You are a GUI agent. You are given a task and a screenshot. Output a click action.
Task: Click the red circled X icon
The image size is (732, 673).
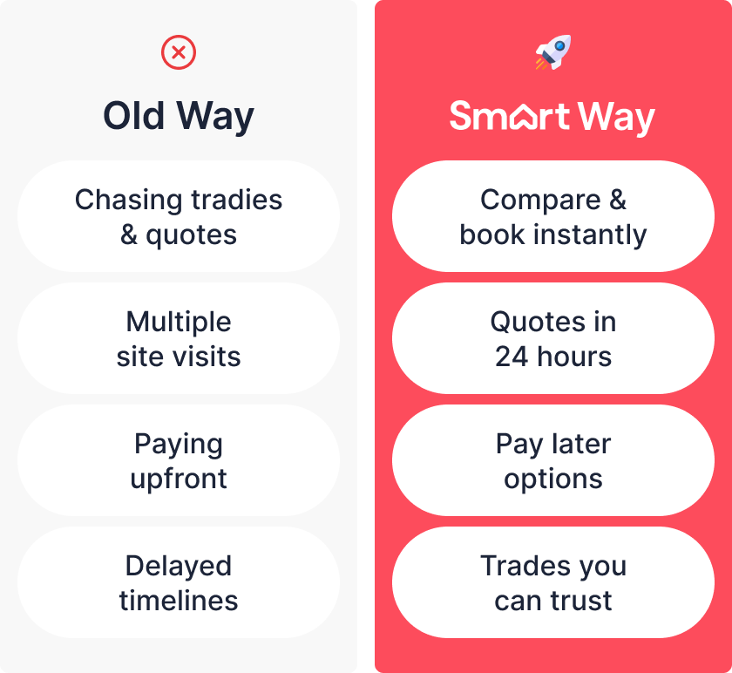point(179,52)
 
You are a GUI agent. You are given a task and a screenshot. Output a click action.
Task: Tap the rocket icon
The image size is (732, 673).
point(553,52)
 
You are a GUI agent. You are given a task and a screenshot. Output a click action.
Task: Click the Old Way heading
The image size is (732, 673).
point(179,116)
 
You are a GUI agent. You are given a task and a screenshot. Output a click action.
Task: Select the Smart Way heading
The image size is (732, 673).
point(552,117)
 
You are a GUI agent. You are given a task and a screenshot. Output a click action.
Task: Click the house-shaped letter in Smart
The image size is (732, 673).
point(525,117)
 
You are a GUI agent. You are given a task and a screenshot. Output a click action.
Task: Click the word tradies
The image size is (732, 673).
point(237,200)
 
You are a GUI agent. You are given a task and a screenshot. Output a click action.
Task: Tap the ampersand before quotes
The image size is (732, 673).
point(129,235)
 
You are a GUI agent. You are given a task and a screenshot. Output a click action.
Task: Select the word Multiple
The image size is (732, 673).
point(179,323)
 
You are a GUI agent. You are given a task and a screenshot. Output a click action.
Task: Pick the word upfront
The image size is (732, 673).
point(179,479)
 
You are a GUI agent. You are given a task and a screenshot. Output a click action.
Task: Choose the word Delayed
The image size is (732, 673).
point(179,567)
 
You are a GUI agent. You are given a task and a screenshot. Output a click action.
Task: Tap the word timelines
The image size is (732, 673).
point(179,601)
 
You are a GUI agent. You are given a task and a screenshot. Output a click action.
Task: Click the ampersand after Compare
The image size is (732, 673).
point(618,200)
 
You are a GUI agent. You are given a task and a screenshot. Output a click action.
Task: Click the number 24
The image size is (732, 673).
point(512,357)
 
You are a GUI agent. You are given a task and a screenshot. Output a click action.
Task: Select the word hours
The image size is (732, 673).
point(574,357)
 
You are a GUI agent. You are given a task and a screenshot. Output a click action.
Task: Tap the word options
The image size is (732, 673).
point(553,479)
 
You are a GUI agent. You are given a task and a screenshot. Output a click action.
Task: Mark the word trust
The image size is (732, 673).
point(581,601)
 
